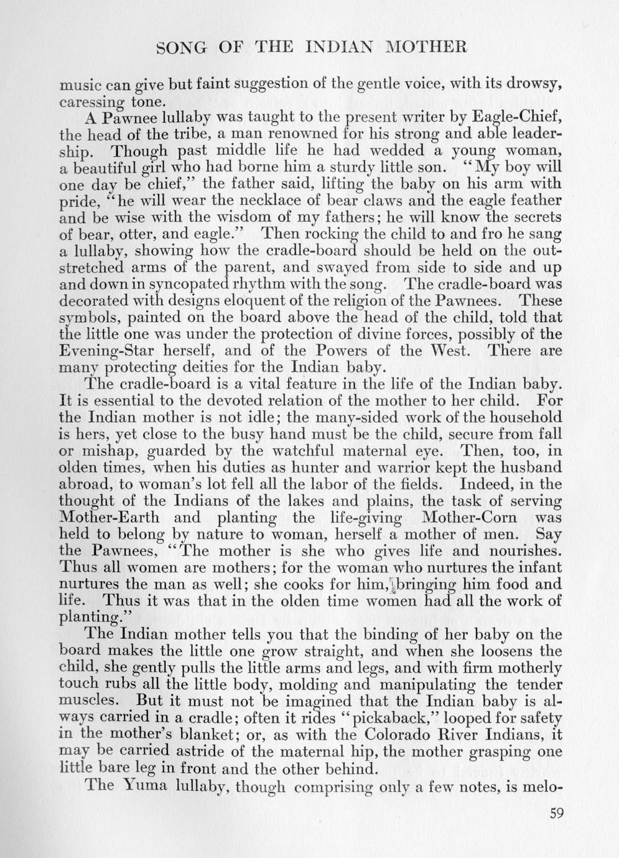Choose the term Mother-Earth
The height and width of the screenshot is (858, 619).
[109, 517]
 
